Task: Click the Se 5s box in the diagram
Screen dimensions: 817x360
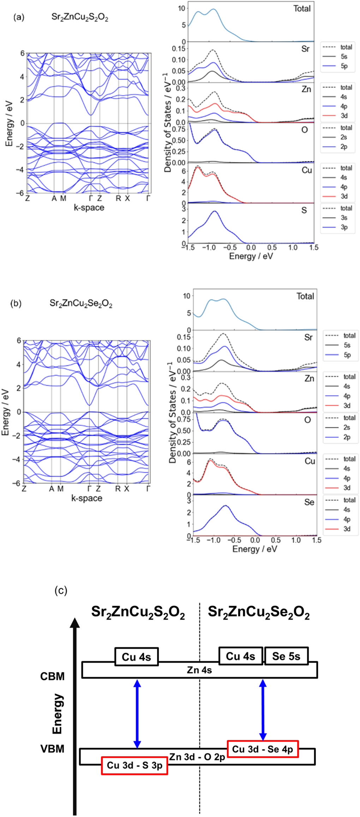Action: click(286, 656)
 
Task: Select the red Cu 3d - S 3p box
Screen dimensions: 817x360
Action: click(134, 765)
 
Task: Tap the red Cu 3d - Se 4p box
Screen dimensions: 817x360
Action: click(263, 749)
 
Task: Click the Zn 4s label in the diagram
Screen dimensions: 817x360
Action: click(199, 670)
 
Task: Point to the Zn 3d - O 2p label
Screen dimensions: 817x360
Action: click(197, 757)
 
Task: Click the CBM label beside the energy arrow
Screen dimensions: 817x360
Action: click(53, 676)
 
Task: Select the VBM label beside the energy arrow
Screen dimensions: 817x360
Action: click(53, 749)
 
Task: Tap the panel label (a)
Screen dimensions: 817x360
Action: click(19, 17)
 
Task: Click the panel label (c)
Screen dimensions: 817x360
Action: click(61, 590)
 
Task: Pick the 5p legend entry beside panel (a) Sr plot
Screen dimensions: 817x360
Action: click(344, 66)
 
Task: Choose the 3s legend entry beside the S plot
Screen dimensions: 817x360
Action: click(344, 218)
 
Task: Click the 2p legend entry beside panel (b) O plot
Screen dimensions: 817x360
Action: click(347, 437)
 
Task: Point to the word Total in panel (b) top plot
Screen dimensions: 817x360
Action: click(305, 296)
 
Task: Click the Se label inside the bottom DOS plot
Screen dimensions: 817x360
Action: click(309, 502)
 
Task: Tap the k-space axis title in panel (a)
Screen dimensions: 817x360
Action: click(89, 208)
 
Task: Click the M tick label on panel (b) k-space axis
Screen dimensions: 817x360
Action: click(60, 489)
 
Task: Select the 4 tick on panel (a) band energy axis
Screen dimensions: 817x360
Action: click(22, 77)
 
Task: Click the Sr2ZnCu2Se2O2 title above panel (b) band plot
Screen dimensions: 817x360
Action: click(81, 304)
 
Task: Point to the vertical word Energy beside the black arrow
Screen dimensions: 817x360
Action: click(57, 714)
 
